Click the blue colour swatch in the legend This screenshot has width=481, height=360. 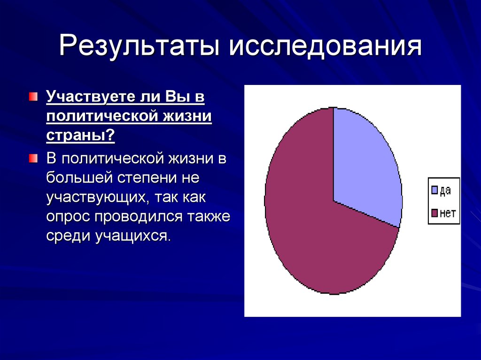(434, 190)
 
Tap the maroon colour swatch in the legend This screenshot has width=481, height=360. (434, 214)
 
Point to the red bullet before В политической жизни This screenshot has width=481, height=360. (32, 158)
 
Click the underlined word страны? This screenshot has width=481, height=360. (80, 137)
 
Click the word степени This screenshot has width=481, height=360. (146, 179)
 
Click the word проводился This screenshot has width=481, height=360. (136, 217)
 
